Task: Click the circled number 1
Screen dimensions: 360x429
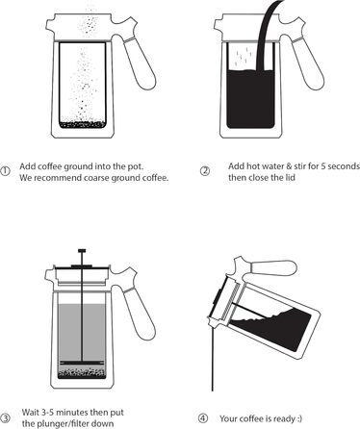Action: click(x=5, y=171)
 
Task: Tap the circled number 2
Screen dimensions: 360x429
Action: click(x=205, y=171)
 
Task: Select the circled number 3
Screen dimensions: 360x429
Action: click(x=5, y=418)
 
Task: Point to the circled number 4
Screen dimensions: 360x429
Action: click(x=203, y=418)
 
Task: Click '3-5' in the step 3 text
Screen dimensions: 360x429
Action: click(x=48, y=412)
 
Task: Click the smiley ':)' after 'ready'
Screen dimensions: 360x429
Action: click(x=298, y=418)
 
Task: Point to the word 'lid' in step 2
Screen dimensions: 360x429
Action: click(x=290, y=177)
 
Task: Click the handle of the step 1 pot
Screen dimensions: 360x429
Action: click(x=140, y=63)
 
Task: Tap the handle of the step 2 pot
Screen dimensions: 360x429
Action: click(x=307, y=63)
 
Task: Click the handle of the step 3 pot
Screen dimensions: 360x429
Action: click(x=139, y=314)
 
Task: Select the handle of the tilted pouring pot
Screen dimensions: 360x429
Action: click(x=272, y=267)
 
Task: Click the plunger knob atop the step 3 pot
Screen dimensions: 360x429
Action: click(x=82, y=250)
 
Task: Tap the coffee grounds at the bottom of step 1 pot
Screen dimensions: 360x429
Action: click(x=83, y=124)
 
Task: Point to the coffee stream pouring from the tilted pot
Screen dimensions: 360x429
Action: click(x=213, y=358)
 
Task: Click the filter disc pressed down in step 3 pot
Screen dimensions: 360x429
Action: click(x=82, y=363)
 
